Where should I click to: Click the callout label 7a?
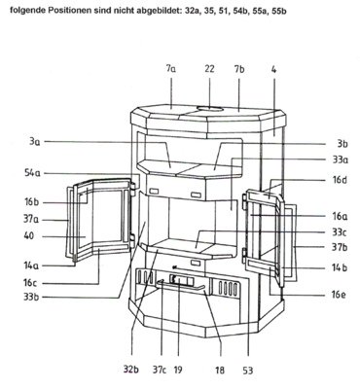pyautogui.click(x=171, y=69)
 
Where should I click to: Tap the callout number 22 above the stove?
pyautogui.click(x=209, y=69)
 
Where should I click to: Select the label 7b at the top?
pyautogui.click(x=239, y=69)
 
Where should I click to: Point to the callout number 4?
pyautogui.click(x=274, y=69)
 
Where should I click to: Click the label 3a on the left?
pyautogui.click(x=34, y=142)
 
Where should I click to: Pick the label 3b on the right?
pyautogui.click(x=342, y=144)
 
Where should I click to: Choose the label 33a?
pyautogui.click(x=341, y=159)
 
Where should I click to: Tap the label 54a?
pyautogui.click(x=32, y=173)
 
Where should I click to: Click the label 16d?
pyautogui.click(x=340, y=180)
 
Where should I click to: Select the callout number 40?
pyautogui.click(x=29, y=235)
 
